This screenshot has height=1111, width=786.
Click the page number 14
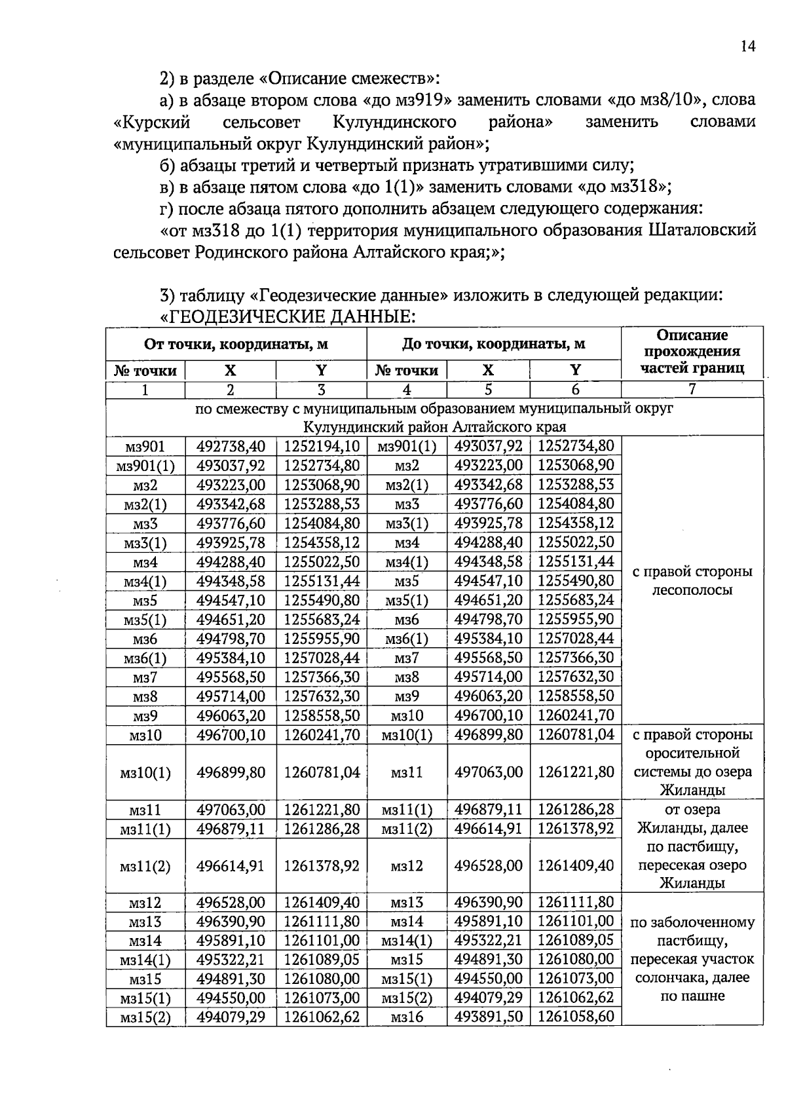tap(748, 46)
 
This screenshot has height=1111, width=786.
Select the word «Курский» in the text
tap(153, 122)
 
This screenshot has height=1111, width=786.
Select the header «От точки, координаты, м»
tap(236, 344)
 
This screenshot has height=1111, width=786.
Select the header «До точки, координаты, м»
tap(493, 344)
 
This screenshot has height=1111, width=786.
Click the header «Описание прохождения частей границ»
tap(692, 352)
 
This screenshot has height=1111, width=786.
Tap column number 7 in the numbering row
tap(692, 390)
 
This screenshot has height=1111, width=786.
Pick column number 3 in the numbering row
tap(321, 390)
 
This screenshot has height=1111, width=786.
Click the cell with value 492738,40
tap(231, 447)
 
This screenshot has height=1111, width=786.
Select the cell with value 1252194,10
tap(321, 447)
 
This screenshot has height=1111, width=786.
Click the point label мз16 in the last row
tap(407, 1017)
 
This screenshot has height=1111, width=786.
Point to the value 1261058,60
tap(575, 1017)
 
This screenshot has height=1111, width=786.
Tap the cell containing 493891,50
tap(488, 1017)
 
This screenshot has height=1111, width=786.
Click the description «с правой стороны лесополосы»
tap(692, 580)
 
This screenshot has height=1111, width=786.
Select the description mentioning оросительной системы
tap(692, 762)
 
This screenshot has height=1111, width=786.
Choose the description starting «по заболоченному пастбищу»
tap(692, 959)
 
